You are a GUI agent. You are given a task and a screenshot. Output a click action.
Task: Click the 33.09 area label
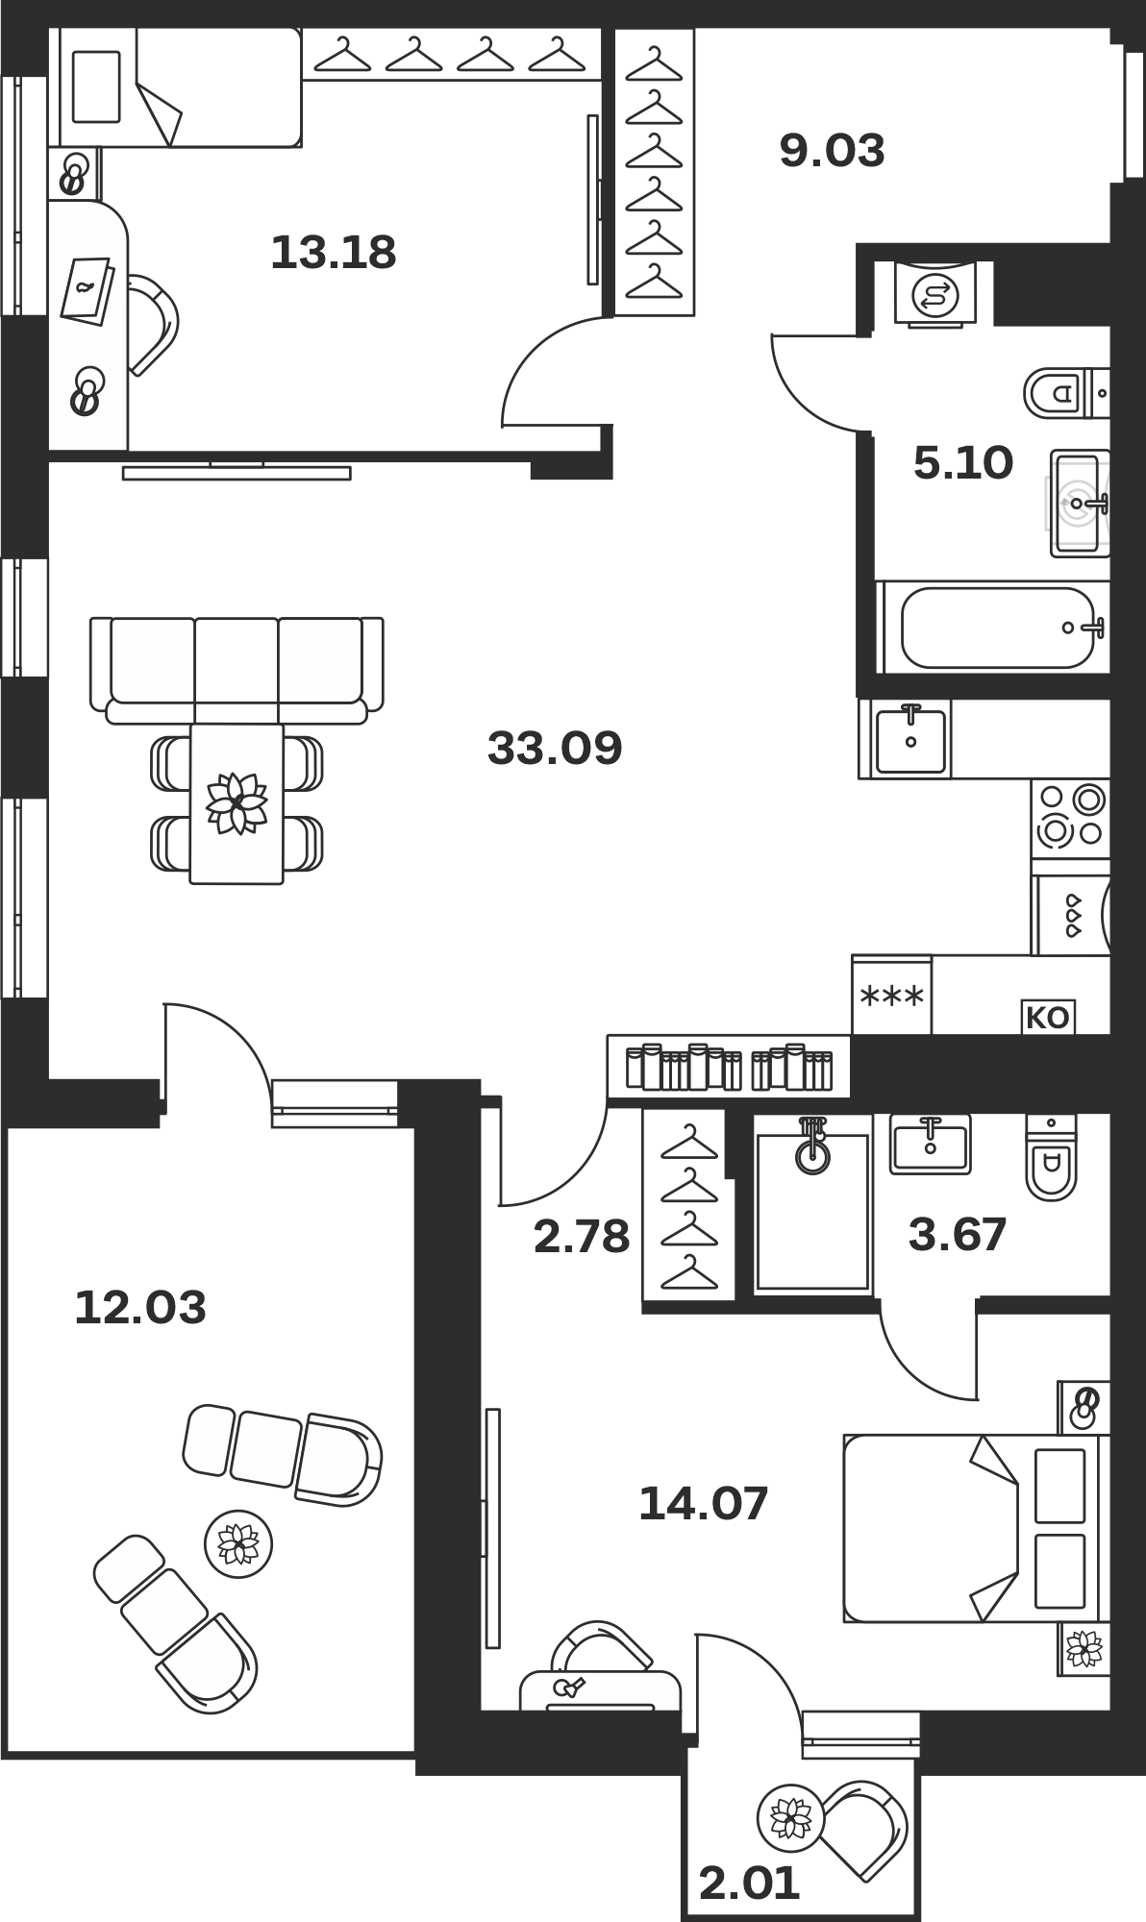[x=555, y=748]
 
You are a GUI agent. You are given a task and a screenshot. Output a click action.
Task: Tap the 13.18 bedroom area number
[x=334, y=253]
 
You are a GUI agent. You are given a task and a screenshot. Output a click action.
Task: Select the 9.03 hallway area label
[x=832, y=151]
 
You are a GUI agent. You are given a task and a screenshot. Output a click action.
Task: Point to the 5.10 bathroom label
[x=962, y=463]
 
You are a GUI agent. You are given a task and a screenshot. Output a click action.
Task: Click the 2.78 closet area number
[x=582, y=1237]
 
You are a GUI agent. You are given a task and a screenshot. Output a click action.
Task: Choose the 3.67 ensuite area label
[x=958, y=1235]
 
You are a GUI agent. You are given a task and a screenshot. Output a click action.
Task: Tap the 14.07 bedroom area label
[x=704, y=1504]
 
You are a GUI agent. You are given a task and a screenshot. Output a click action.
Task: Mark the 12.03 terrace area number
[x=140, y=1308]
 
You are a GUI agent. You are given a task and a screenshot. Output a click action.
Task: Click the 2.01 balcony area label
[x=750, y=1884]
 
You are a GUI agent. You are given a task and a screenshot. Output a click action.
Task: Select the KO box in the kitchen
[x=1048, y=1017]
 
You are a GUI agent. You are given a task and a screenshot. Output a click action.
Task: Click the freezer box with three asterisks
[x=891, y=995]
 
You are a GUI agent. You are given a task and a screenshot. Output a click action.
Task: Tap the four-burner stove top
[x=1070, y=816]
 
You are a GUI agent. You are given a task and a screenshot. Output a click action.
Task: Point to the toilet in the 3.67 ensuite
[x=1052, y=1158]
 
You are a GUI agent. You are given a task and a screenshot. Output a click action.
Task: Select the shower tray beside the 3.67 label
[x=812, y=1205]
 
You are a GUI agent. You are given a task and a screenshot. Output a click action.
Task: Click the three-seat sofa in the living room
[x=237, y=670]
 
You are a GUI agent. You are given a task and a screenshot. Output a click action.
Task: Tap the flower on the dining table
[x=237, y=802]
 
